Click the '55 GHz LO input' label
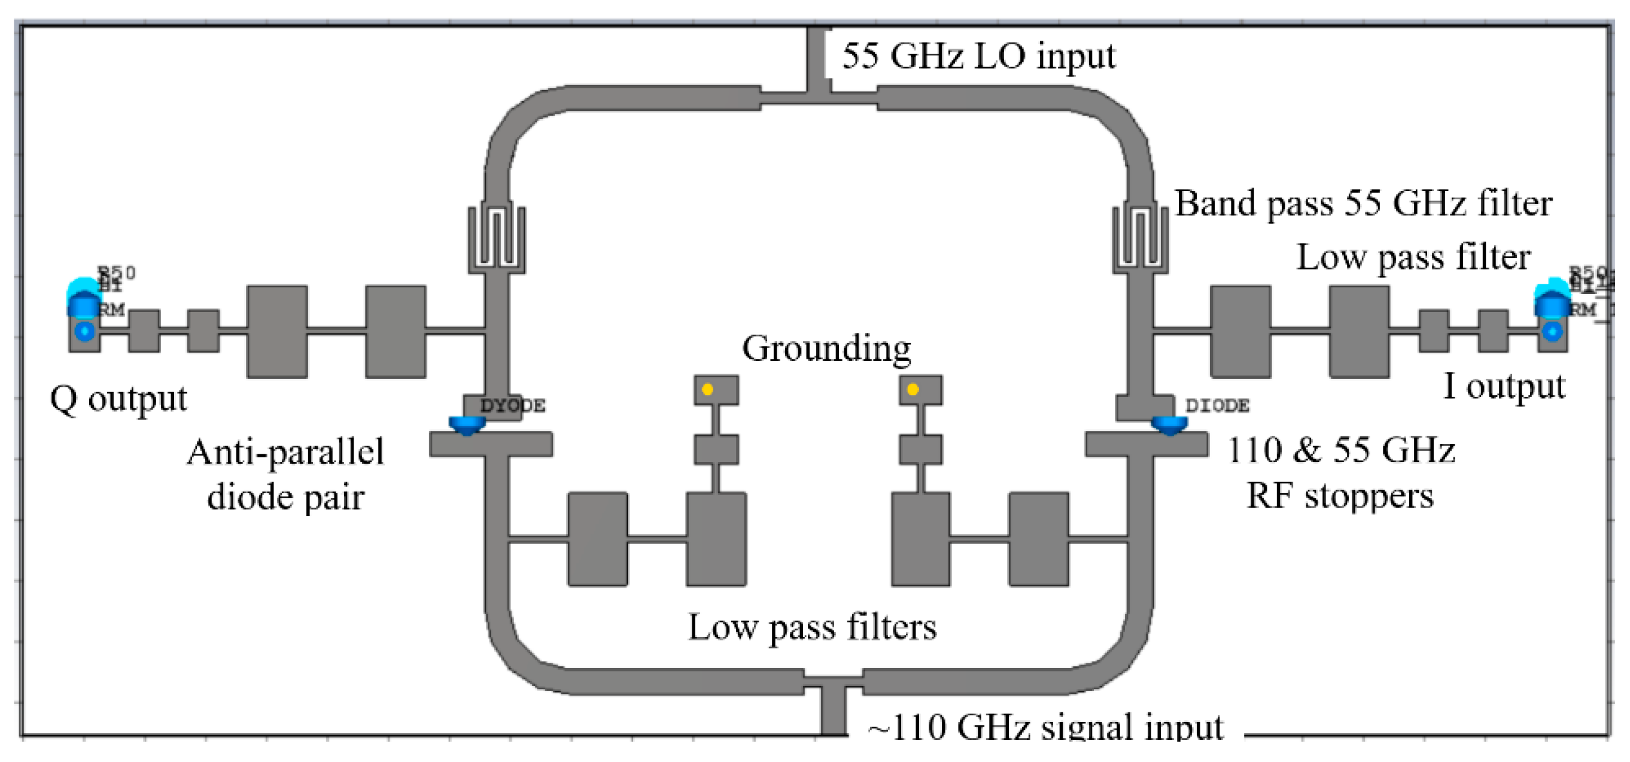(978, 56)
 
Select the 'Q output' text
(118, 399)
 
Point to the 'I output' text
(1504, 386)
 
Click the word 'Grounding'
(826, 349)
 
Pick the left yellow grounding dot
(707, 389)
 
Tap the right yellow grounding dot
(913, 389)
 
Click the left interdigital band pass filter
(497, 237)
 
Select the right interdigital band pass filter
(1141, 237)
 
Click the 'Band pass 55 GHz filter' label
(1363, 204)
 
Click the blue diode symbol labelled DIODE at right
(1169, 424)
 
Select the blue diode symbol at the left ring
(467, 424)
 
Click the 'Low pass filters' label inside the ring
(812, 627)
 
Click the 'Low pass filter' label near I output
(1413, 257)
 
